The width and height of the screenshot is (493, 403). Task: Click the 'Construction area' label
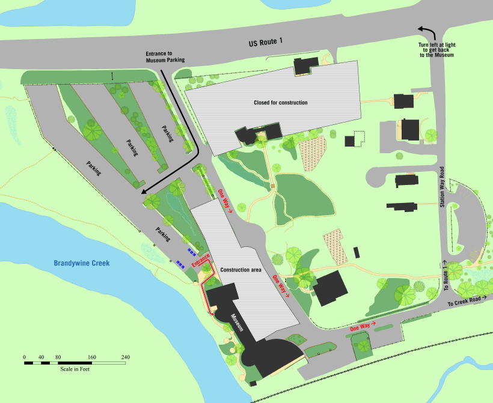240,270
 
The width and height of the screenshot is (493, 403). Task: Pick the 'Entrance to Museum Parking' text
165,57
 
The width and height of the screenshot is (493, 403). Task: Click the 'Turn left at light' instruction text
436,50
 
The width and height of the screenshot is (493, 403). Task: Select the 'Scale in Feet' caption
75,368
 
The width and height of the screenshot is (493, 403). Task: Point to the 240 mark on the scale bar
126,357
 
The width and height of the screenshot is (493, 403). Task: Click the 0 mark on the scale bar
25,357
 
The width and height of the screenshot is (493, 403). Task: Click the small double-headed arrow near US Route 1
111,75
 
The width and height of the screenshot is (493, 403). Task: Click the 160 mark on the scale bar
92,357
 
